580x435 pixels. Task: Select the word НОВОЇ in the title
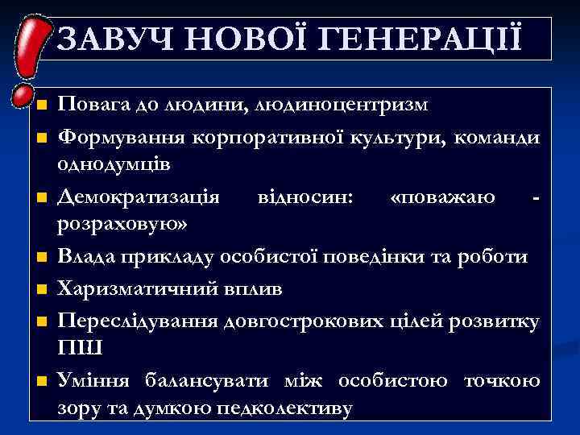pos(247,38)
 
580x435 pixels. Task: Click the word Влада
pos(86,257)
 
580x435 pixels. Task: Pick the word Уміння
pos(96,381)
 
